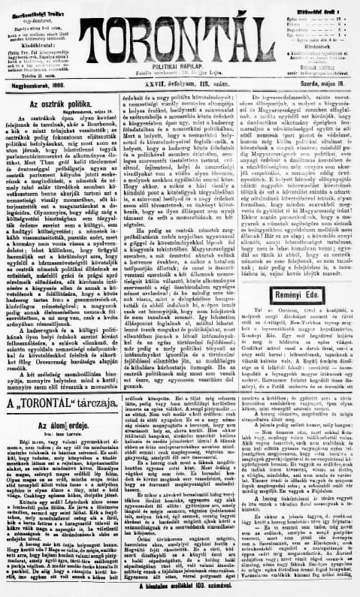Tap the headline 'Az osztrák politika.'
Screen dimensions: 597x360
[x=63, y=98]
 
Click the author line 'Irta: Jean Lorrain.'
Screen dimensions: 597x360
[x=61, y=435]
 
